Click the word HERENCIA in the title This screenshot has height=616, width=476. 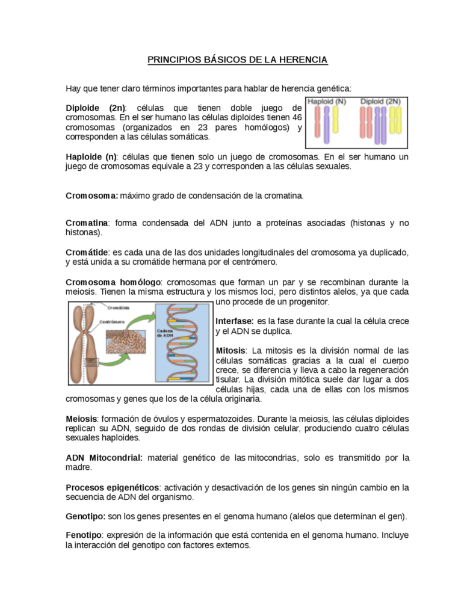(305, 60)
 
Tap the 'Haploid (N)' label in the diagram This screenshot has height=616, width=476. (327, 102)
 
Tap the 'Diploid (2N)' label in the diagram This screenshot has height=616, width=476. (380, 102)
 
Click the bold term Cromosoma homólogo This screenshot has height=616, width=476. (113, 282)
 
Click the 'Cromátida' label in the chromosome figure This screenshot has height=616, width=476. (119, 307)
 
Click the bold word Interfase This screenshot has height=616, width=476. (234, 321)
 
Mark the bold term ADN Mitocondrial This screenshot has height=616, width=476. (104, 458)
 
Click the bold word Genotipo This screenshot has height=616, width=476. (85, 516)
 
